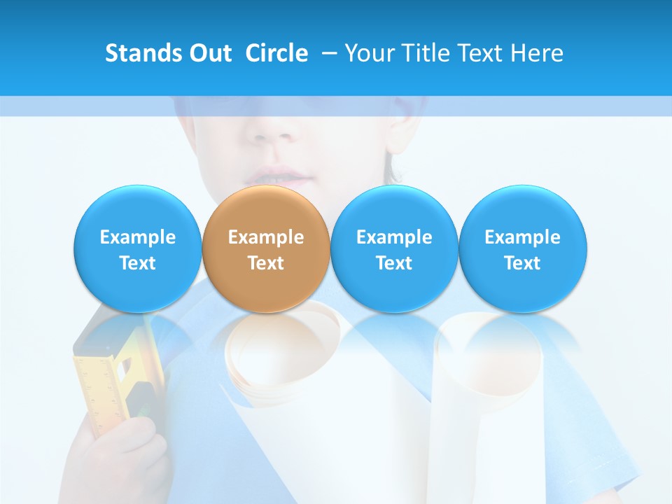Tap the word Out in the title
[209, 53]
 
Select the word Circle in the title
[276, 53]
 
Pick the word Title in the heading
[425, 53]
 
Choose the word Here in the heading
[536, 53]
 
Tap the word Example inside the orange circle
[266, 237]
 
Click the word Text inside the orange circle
[266, 263]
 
